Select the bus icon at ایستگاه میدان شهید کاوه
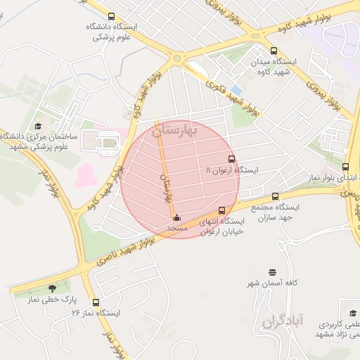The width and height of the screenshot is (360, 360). point(274,51)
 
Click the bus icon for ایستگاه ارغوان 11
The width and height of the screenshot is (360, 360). point(231,159)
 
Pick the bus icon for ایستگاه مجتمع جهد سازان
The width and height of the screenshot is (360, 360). point(275,196)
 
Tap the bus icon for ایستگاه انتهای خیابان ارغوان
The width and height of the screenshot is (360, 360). point(222,210)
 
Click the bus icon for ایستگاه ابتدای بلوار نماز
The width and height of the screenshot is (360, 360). point(345,167)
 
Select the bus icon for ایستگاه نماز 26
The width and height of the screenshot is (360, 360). point(96,302)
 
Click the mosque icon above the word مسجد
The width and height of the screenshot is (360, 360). point(176,217)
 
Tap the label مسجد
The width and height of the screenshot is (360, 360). point(176,229)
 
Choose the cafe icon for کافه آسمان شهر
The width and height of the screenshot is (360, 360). point(273,271)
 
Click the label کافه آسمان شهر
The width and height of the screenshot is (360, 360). point(271,283)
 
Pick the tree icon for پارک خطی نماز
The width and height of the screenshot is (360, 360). point(52,288)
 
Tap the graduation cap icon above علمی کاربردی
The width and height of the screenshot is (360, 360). point(352,314)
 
